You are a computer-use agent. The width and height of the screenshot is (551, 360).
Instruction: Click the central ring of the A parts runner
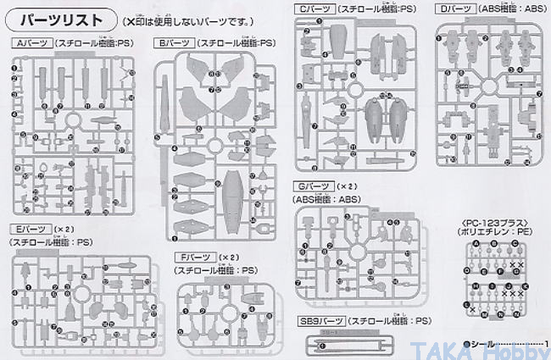pos(74,119)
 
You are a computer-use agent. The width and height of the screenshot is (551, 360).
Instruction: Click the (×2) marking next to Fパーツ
pos(228,258)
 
